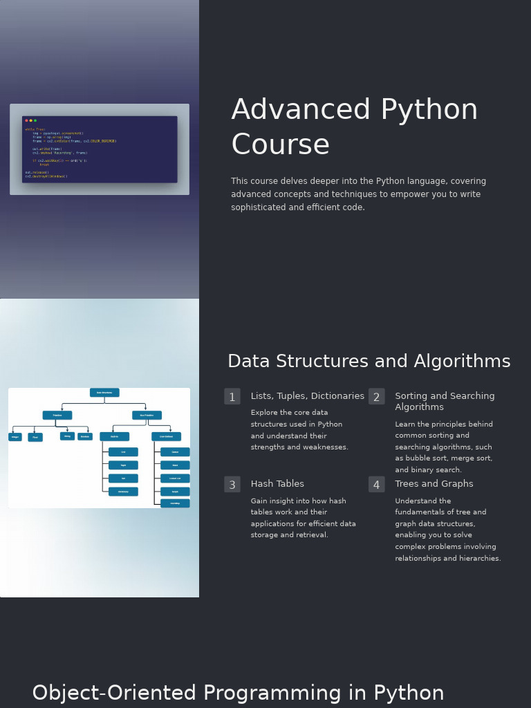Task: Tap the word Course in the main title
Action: click(280, 145)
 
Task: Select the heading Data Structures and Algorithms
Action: click(369, 362)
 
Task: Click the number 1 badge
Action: click(232, 397)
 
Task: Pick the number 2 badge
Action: click(376, 397)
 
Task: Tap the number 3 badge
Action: click(232, 485)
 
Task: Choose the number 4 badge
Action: click(376, 485)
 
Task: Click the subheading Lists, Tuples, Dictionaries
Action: click(307, 396)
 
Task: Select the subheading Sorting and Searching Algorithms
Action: click(444, 401)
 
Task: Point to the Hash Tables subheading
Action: click(277, 484)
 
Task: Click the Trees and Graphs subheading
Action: click(434, 484)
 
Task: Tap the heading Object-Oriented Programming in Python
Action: click(238, 693)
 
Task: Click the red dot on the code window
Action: click(26, 120)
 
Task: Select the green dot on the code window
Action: click(35, 120)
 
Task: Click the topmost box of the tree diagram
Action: click(104, 393)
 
